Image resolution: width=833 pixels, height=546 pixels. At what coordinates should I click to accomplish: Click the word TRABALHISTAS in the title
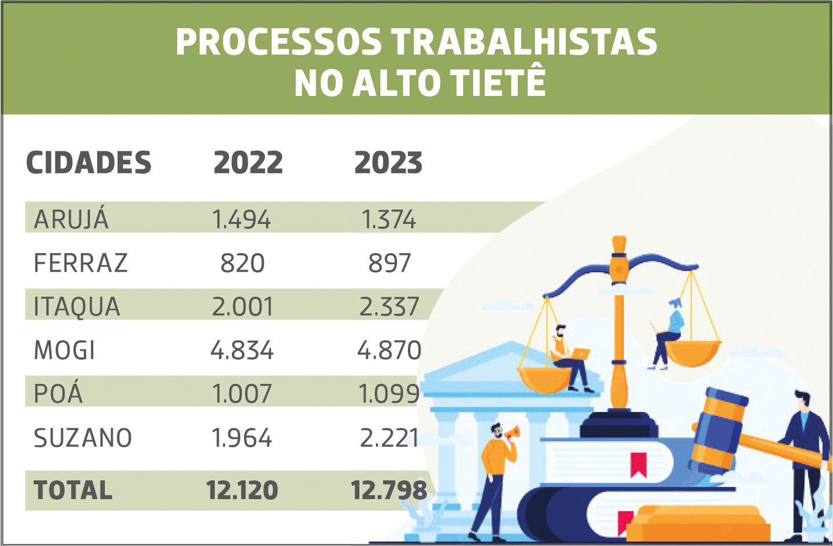(x=524, y=42)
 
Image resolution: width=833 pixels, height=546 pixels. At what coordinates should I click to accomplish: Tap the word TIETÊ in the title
(x=497, y=83)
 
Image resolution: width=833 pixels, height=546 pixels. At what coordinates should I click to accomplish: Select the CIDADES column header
(x=89, y=163)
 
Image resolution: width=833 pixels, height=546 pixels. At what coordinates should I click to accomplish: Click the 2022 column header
(x=248, y=163)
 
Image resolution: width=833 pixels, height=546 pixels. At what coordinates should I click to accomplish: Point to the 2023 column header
(x=388, y=163)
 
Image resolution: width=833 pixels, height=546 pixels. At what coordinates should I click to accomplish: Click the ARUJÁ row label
(x=71, y=220)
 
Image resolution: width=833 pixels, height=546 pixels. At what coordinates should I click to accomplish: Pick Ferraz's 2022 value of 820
(x=242, y=263)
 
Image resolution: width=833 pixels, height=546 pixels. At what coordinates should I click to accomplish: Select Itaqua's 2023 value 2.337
(x=389, y=307)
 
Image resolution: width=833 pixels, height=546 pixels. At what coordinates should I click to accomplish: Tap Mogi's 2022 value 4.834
(x=242, y=351)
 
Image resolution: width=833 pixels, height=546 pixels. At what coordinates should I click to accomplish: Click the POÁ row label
(x=58, y=394)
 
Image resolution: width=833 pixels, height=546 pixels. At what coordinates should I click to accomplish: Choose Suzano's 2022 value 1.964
(x=242, y=438)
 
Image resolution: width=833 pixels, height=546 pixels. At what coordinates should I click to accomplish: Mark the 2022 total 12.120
(x=242, y=491)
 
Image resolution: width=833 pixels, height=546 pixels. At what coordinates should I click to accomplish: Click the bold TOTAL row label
(x=73, y=491)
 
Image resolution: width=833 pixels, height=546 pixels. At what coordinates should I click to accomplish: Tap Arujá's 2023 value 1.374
(x=388, y=220)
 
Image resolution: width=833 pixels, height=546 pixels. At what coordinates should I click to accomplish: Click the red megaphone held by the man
(x=513, y=432)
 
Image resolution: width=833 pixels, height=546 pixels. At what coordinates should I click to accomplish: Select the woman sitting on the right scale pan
(x=669, y=332)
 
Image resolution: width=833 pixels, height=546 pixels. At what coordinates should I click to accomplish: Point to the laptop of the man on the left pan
(x=580, y=354)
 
